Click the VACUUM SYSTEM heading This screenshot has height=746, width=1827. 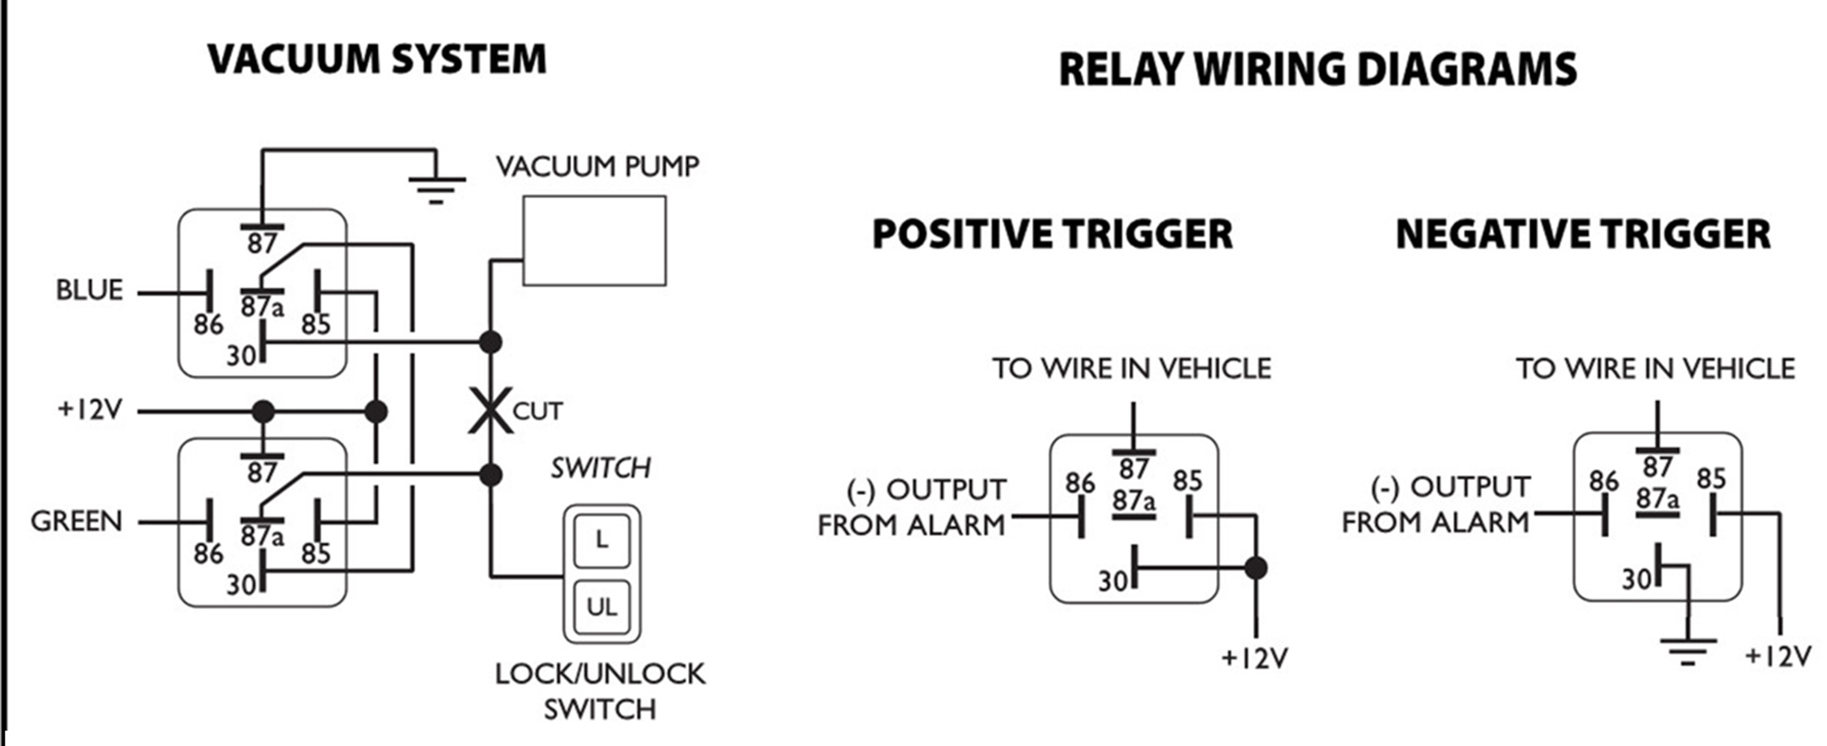coord(377,60)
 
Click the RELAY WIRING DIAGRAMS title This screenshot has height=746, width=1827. coord(1317,70)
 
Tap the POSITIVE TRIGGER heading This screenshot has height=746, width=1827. coord(1052,235)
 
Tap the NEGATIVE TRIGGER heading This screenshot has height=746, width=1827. coord(1582,235)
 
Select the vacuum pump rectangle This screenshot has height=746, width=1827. coord(594,241)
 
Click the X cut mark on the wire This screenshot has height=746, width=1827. coord(490,410)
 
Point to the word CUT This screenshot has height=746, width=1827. coord(538,411)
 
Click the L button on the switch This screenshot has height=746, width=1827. coord(602,540)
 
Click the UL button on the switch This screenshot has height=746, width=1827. coord(602,608)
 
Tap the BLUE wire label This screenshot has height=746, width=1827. coord(89,290)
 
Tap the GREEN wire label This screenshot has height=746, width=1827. coord(76,521)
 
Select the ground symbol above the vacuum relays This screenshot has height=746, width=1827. coord(436,189)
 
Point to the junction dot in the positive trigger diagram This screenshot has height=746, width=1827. coord(1256,568)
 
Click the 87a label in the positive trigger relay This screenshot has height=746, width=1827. coord(1133,501)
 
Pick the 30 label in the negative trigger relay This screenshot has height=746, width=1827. coord(1637,579)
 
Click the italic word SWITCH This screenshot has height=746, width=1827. coord(601,468)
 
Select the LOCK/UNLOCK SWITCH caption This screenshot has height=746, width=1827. coord(600,691)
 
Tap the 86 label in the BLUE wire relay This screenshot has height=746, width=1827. coord(208,325)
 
